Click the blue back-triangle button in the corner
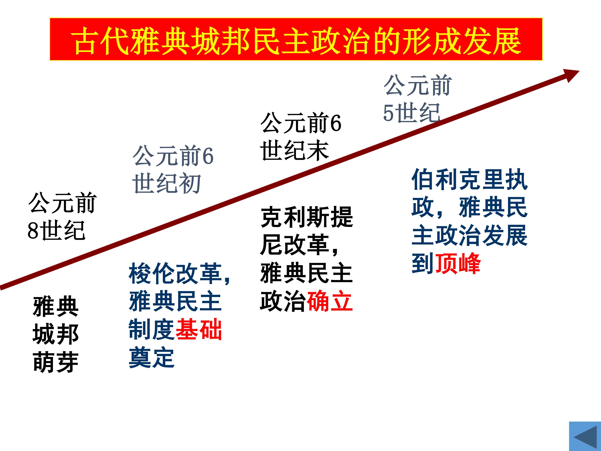tap(585, 436)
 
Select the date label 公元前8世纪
tap(62, 216)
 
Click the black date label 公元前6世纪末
tap(300, 137)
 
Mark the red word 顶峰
tap(458, 263)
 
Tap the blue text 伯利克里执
tap(470, 179)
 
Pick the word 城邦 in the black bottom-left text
tap(56, 334)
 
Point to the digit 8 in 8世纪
tap(33, 231)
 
